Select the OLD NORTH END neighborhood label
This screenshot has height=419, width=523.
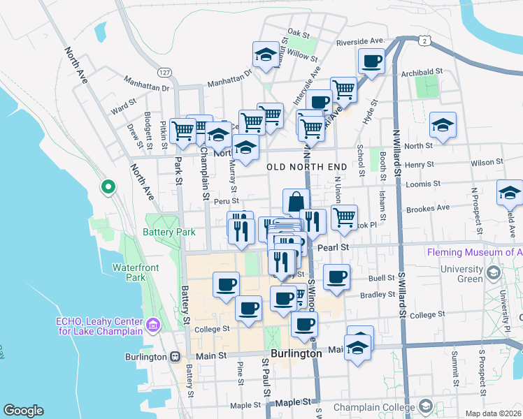pos(307,167)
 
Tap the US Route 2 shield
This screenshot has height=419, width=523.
pos(424,41)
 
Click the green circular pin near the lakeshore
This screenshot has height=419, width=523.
pos(108,186)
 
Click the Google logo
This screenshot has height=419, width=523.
pos(23,411)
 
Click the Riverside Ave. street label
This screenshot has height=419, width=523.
pos(361,42)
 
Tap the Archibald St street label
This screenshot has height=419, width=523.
pos(422,71)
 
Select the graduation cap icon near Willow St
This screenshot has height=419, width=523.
pos(266,55)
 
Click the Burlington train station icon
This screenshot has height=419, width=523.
pos(178,356)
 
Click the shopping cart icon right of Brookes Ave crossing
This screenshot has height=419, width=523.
pos(343,216)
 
